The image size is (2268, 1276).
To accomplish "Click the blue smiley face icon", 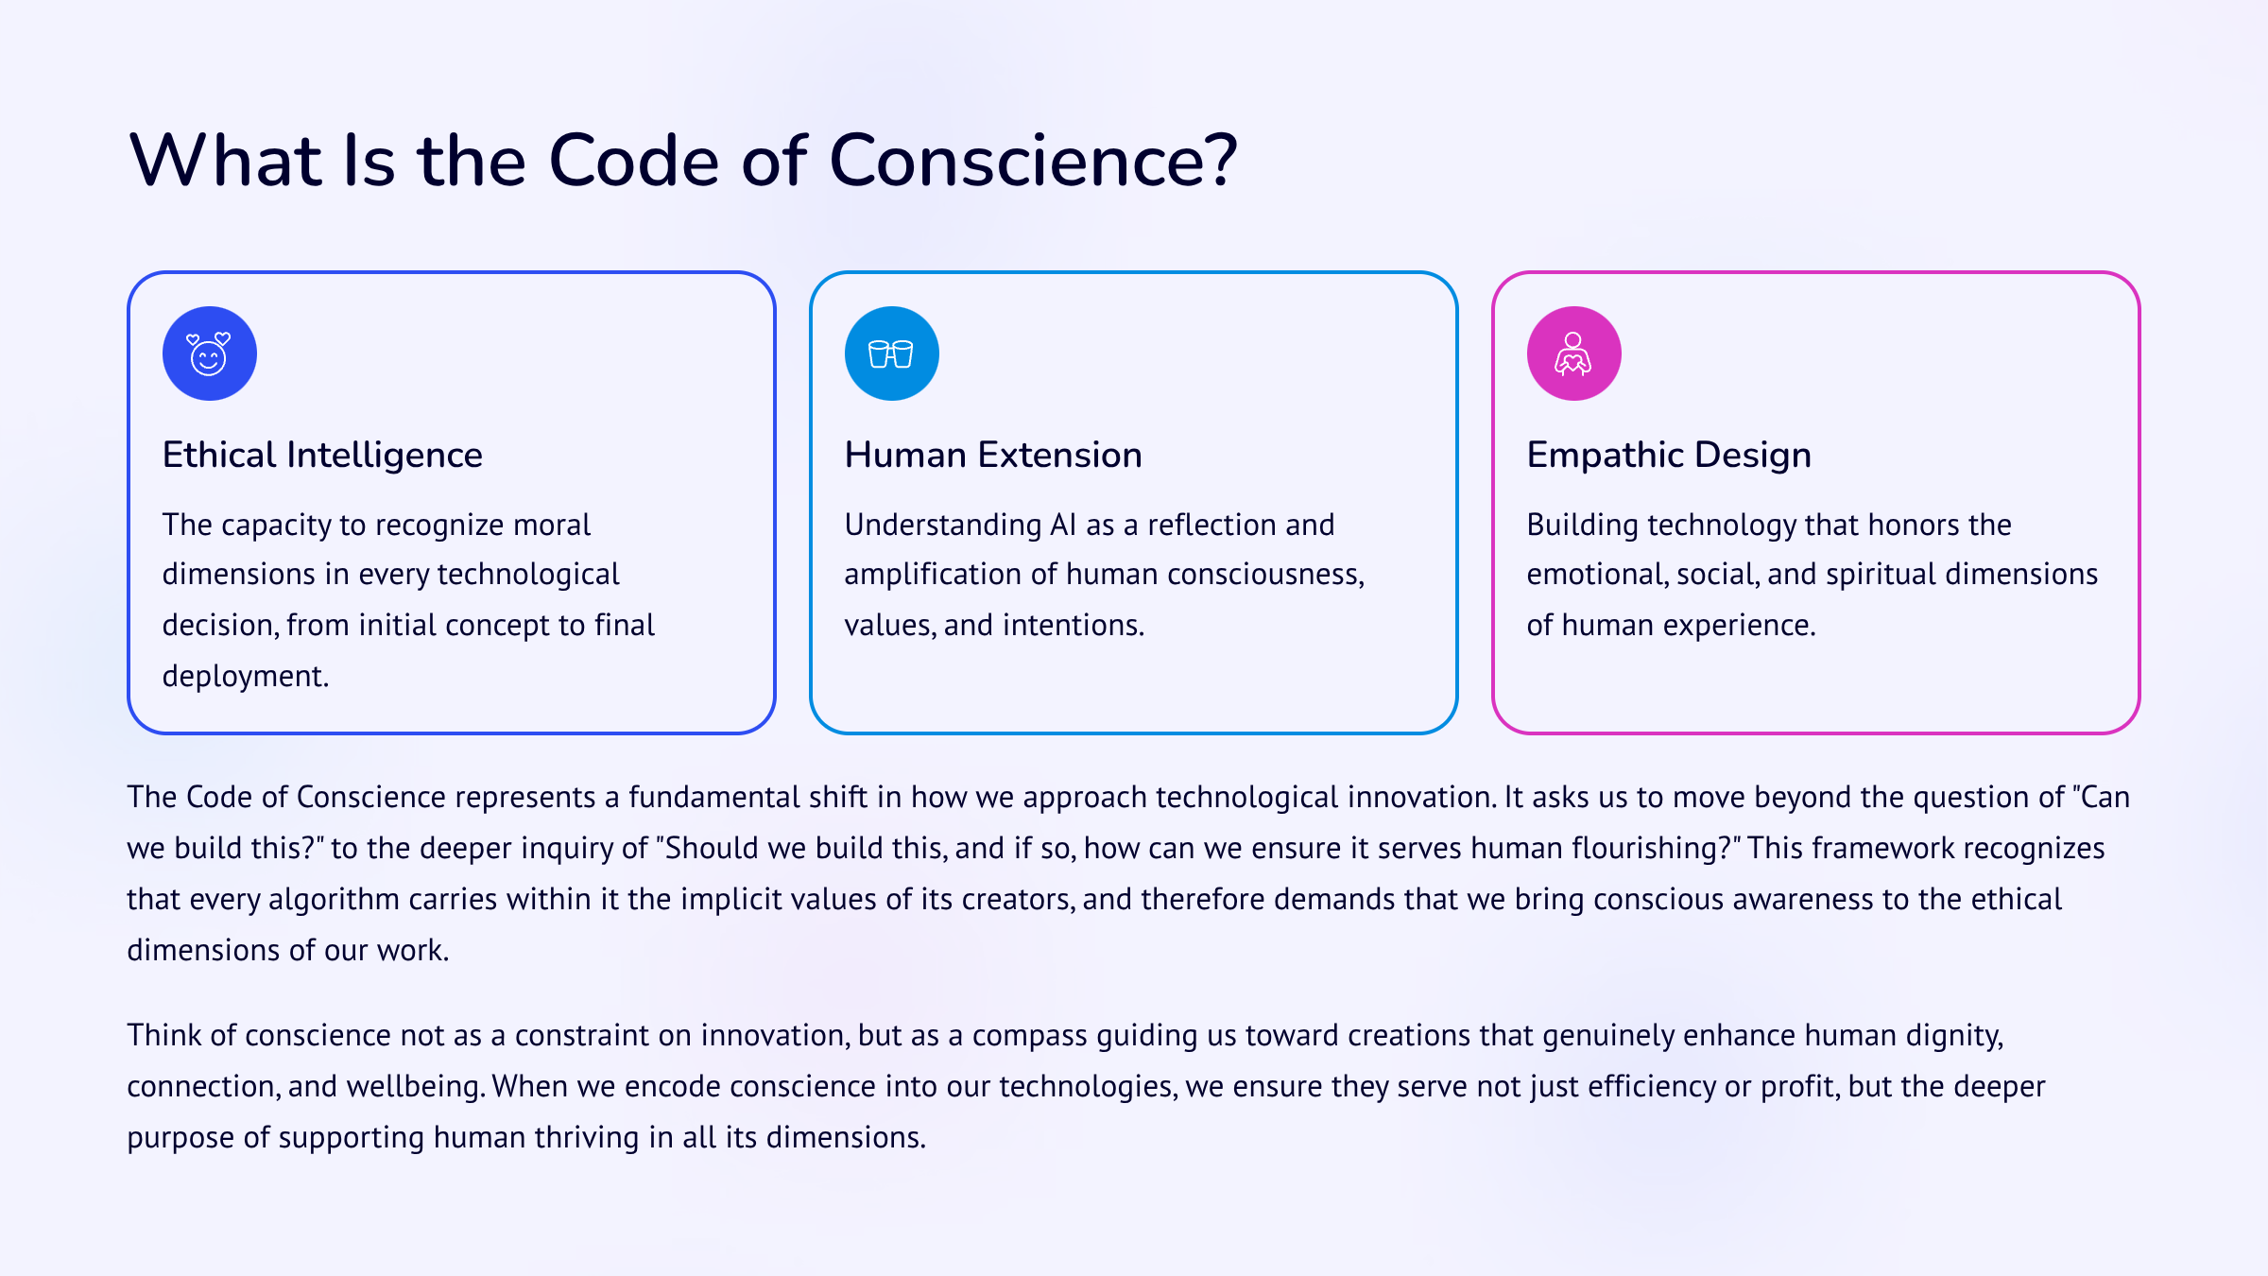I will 209,353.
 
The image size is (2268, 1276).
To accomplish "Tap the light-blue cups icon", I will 891,353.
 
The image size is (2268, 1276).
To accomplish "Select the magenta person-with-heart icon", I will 1573,353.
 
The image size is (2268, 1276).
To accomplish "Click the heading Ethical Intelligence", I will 322,455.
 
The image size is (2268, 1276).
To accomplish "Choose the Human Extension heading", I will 993,455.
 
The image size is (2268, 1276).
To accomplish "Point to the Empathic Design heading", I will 1669,455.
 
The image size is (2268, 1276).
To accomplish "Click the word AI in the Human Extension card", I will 1063,525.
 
